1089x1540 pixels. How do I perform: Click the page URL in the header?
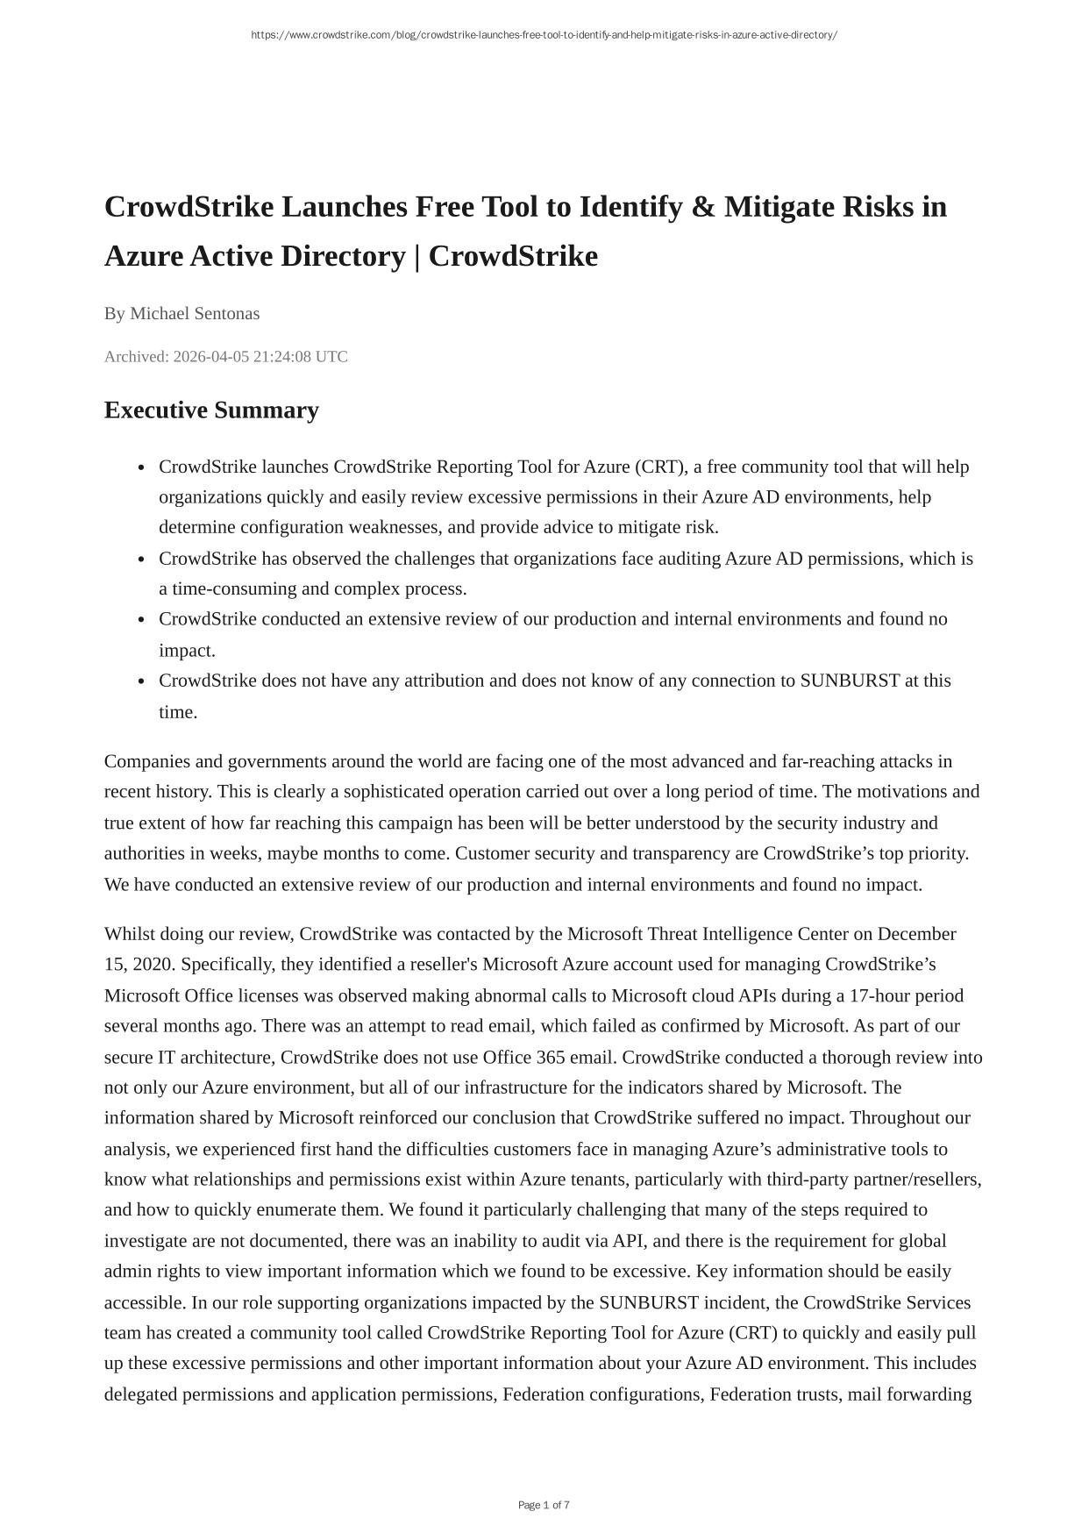(x=544, y=35)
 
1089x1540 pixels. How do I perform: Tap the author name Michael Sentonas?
(x=195, y=313)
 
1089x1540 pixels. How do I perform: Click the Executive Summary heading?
(x=211, y=410)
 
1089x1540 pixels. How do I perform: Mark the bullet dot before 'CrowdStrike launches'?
(x=141, y=467)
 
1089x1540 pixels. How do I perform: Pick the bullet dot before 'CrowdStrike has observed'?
(x=141, y=560)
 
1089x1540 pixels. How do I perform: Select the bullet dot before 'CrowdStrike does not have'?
(x=141, y=681)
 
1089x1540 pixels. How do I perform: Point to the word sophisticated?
(x=394, y=792)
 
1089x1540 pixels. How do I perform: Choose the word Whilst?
(x=129, y=933)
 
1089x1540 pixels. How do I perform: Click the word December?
(x=916, y=933)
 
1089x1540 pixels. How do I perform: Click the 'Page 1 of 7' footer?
(x=544, y=1505)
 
